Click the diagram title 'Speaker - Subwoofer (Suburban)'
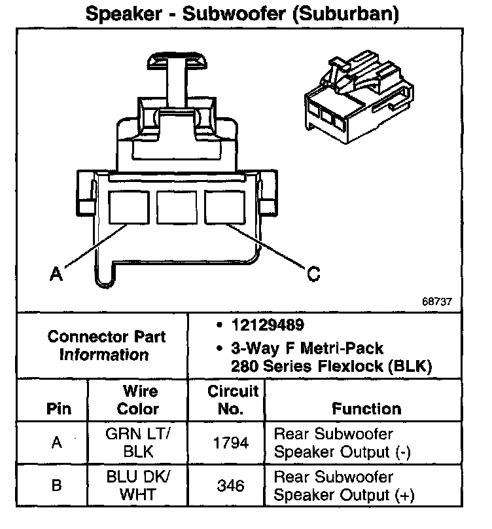[242, 14]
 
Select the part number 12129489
[266, 325]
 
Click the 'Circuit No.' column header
[233, 400]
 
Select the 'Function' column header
[366, 409]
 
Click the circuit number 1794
[232, 443]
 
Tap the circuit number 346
[232, 486]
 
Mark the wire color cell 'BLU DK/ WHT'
[137, 485]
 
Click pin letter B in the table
[57, 486]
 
